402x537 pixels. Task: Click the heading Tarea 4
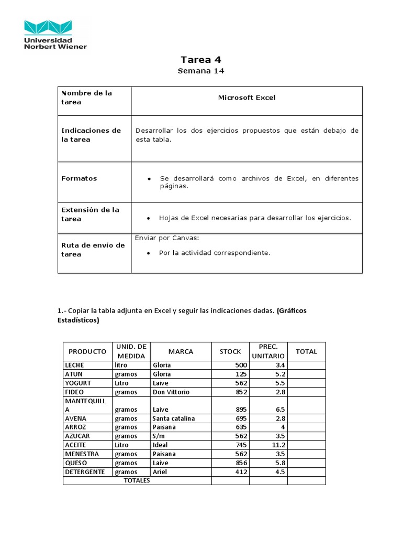[200, 60]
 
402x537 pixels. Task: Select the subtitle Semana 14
[200, 71]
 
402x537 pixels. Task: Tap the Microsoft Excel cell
[247, 98]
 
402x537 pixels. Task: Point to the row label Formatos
[79, 178]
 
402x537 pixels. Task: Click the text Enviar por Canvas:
[167, 238]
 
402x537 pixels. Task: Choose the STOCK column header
[230, 351]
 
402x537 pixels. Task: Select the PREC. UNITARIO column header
[268, 351]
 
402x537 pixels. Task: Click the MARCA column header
[181, 351]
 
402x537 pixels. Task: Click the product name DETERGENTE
[85, 472]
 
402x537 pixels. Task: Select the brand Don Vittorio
[171, 392]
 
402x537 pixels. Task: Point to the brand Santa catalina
[174, 418]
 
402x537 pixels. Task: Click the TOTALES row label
[137, 480]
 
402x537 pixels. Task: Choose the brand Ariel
[160, 472]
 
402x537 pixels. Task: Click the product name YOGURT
[78, 383]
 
